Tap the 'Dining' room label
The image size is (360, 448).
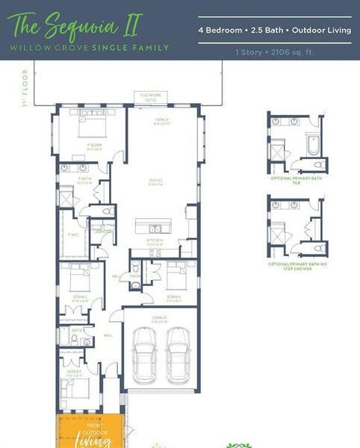[155, 182]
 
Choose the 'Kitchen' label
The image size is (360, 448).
[154, 240]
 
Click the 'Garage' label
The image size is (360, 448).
[159, 317]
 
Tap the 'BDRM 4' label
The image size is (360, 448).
[173, 296]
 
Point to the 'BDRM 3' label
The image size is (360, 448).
[73, 371]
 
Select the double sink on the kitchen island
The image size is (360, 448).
[155, 228]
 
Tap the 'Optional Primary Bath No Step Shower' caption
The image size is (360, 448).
[295, 266]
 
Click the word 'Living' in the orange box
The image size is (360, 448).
[94, 441]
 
